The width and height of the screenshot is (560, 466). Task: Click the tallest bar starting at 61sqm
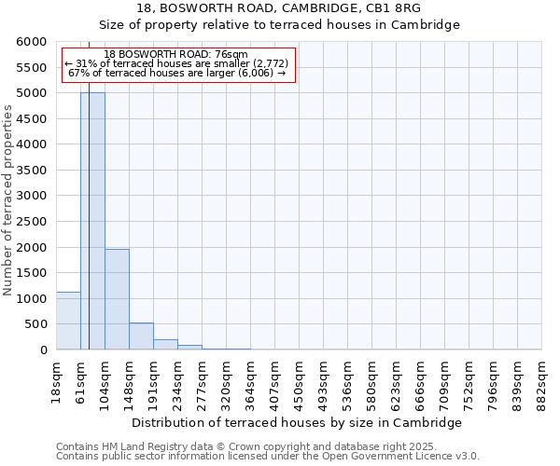click(x=92, y=221)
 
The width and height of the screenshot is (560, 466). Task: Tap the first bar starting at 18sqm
click(x=68, y=321)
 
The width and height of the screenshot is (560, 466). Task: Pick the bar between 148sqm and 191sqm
click(x=141, y=336)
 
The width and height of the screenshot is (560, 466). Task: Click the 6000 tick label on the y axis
click(x=31, y=42)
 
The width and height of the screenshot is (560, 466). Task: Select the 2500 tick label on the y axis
click(x=31, y=222)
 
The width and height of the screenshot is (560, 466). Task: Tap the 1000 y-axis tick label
click(x=31, y=299)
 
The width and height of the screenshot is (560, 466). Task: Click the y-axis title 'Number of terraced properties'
click(x=8, y=200)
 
